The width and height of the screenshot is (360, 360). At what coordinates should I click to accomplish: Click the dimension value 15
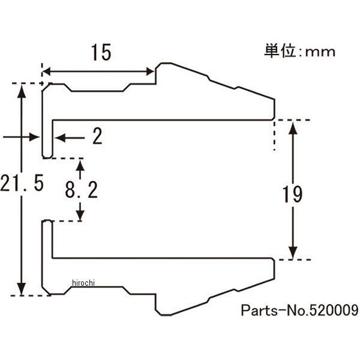(101, 53)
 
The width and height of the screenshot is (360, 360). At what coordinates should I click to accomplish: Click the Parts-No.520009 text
(299, 311)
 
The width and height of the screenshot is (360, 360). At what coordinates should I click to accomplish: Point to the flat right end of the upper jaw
(275, 108)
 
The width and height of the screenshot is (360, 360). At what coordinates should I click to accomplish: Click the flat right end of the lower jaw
(275, 269)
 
